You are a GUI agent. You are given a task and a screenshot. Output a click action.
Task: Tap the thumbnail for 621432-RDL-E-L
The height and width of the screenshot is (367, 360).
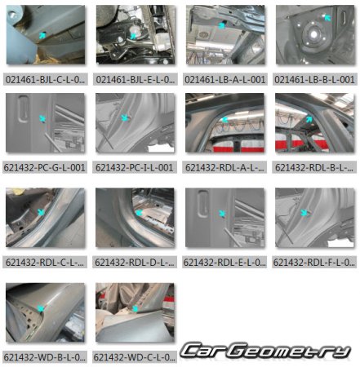[224, 219]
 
